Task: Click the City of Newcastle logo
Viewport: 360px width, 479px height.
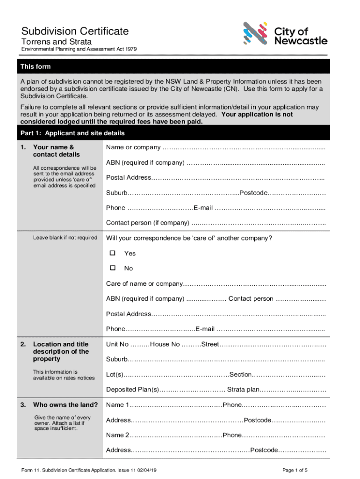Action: click(x=285, y=34)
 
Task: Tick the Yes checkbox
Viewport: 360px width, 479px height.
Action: click(x=112, y=253)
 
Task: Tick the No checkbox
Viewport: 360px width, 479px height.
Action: click(x=112, y=268)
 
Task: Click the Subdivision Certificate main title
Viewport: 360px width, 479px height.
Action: click(x=75, y=31)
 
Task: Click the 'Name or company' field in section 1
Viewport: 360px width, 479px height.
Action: click(x=243, y=148)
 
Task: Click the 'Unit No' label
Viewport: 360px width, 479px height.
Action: click(x=117, y=345)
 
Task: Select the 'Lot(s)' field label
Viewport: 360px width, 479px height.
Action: click(x=115, y=375)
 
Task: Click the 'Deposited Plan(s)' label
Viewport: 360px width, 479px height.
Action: click(x=133, y=390)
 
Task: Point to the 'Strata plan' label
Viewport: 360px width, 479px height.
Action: click(x=243, y=390)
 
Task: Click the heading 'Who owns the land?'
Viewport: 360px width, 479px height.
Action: click(x=65, y=405)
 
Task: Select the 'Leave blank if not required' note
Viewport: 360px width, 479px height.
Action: click(x=65, y=238)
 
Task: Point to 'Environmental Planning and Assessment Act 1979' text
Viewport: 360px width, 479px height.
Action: click(x=79, y=49)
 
